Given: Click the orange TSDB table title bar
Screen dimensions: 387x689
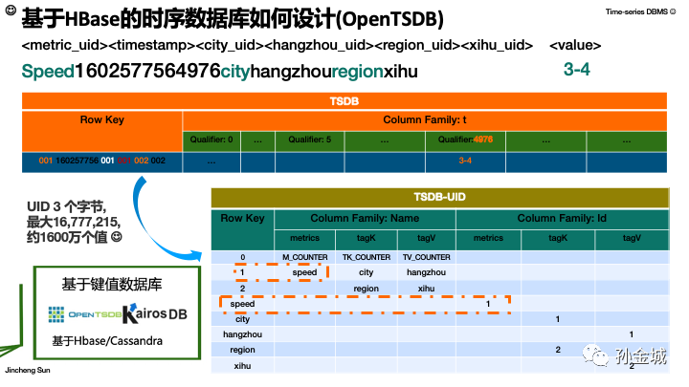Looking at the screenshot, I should [344, 100].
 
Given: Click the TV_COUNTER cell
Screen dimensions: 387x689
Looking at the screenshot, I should [426, 257].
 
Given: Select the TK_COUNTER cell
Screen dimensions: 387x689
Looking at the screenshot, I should [366, 257].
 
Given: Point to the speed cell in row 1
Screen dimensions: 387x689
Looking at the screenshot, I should [304, 272].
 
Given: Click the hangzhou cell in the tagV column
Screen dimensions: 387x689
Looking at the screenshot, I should [426, 272].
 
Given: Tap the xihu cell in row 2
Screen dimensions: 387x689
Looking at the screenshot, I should [426, 287].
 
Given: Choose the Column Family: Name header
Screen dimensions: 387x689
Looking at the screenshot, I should [365, 219].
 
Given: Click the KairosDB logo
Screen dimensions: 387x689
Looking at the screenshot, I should [153, 312].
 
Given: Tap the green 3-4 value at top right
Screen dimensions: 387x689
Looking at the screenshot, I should [576, 70].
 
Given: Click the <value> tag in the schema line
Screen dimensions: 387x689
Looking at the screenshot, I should [576, 45].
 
